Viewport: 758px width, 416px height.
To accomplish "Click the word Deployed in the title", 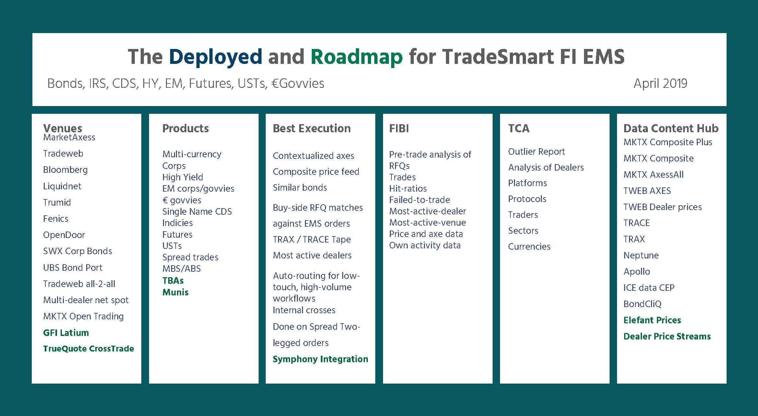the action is point(215,57).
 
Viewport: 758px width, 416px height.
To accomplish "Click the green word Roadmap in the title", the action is point(356,57).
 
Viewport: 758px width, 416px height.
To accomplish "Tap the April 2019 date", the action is point(660,84).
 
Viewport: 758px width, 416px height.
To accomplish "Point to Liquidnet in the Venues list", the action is point(62,186).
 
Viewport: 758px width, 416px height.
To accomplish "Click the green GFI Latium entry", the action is point(66,333).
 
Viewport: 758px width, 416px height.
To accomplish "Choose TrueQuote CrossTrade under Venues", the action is point(88,349).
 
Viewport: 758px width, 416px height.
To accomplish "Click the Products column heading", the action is point(185,128).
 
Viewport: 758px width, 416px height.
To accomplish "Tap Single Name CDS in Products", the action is point(197,212).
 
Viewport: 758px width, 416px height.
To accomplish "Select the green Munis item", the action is point(175,292).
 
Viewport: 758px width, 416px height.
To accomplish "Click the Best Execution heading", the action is point(312,128).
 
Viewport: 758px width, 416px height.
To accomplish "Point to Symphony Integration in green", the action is point(321,359).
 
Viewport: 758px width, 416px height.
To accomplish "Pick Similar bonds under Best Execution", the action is point(300,187).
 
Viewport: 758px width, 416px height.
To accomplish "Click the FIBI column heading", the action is point(399,128).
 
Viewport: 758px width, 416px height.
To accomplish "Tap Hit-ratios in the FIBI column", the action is point(408,188).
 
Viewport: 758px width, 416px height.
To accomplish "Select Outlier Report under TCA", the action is point(536,151).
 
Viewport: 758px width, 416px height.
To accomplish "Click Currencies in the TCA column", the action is point(529,246).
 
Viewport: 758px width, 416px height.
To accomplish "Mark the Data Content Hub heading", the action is point(671,128).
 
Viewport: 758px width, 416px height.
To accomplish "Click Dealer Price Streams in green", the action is point(667,336).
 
